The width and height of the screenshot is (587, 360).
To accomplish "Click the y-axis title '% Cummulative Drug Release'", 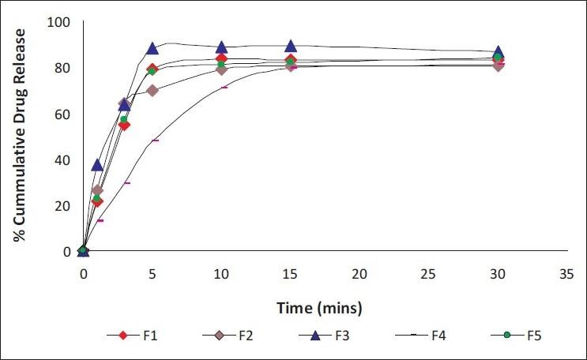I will pyautogui.click(x=17, y=136).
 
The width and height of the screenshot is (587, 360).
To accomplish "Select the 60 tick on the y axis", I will pyautogui.click(x=61, y=114).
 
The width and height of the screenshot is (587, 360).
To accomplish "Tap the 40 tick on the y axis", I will pyautogui.click(x=61, y=159).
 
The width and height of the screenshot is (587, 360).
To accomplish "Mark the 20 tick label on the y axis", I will pyautogui.click(x=61, y=205).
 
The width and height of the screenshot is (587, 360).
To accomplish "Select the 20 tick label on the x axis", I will pyautogui.click(x=359, y=272).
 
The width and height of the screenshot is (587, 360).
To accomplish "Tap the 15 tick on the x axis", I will pyautogui.click(x=291, y=272).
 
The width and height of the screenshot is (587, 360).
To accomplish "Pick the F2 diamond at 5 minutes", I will pyautogui.click(x=152, y=90).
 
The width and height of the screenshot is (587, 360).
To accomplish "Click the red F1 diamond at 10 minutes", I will pyautogui.click(x=222, y=58).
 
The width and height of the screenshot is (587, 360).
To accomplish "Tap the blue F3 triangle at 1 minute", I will pyautogui.click(x=97, y=164).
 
